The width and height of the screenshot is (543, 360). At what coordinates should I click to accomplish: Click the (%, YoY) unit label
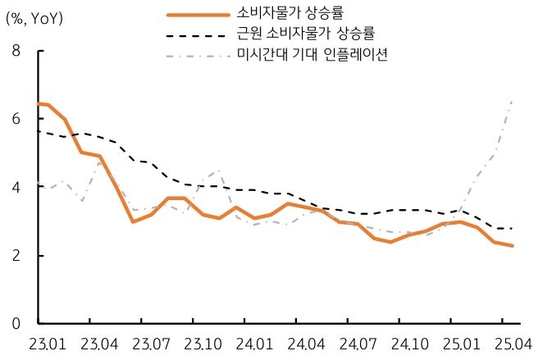click(34, 18)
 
